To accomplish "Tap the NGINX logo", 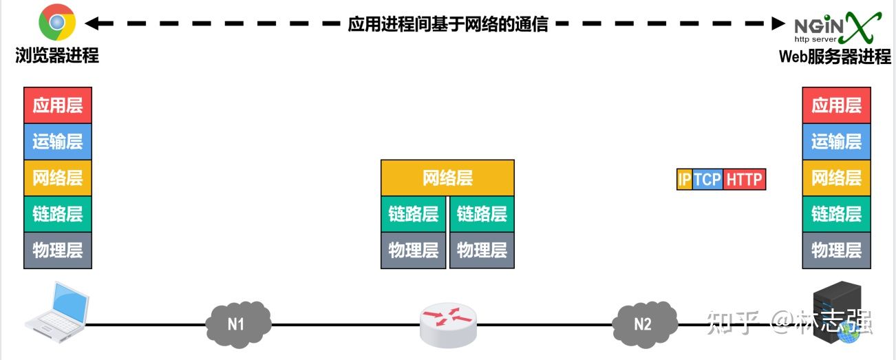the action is click(837, 28).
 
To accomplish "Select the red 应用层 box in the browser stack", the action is click(58, 105).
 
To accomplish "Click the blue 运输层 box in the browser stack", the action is click(58, 142).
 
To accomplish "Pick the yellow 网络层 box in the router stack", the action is click(447, 178).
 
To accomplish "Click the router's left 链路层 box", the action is click(414, 214).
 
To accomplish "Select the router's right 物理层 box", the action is click(482, 250).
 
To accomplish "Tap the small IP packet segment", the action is click(684, 180).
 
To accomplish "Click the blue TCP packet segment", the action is click(707, 180).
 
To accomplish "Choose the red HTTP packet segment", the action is click(744, 180).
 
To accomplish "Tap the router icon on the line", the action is click(448, 324).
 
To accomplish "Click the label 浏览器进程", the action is click(57, 56).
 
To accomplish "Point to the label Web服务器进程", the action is click(835, 57).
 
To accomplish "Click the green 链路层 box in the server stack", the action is click(836, 214).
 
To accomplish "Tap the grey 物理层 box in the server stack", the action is click(836, 250).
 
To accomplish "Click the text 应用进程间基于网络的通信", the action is click(448, 25).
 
